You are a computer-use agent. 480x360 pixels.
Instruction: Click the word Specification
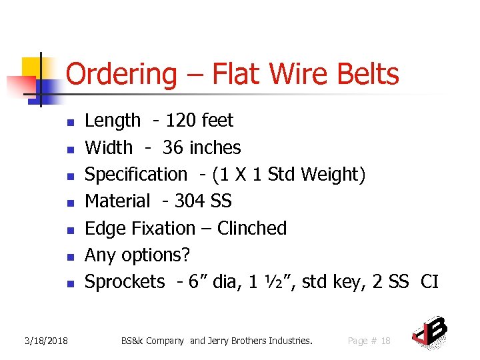point(136,175)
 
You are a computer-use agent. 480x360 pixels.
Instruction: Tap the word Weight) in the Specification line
point(333,175)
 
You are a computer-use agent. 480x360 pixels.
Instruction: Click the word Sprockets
point(125,282)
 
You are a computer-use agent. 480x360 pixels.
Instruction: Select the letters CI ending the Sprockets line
point(430,282)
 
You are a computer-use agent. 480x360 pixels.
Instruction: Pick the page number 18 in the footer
point(385,341)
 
